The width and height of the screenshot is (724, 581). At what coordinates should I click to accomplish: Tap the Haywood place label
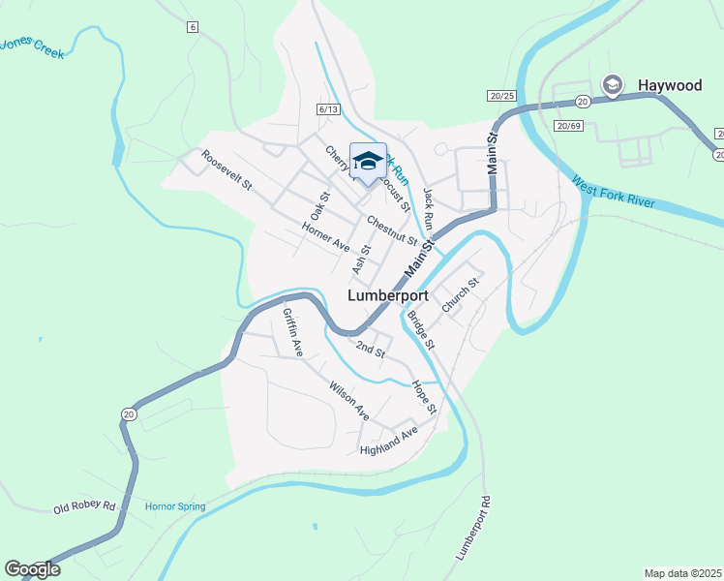(670, 86)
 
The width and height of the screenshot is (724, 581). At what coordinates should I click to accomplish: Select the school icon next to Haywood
(612, 85)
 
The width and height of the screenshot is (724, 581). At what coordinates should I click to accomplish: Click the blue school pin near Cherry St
(367, 161)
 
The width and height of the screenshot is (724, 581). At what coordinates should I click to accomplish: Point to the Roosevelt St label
(226, 169)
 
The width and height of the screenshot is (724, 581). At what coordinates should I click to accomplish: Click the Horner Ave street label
(325, 238)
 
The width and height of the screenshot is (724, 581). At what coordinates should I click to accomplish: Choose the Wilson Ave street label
(349, 400)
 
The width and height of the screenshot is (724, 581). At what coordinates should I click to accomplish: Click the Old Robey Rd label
(84, 507)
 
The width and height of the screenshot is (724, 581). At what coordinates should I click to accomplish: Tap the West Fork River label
(614, 192)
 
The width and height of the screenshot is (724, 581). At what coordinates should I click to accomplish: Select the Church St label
(460, 295)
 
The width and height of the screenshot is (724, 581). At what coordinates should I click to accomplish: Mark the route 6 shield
(194, 27)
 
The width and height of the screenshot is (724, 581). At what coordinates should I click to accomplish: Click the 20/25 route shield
(501, 95)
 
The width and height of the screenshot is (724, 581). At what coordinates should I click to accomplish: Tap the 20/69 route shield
(568, 126)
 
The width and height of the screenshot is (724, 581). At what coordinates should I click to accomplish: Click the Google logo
(32, 569)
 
